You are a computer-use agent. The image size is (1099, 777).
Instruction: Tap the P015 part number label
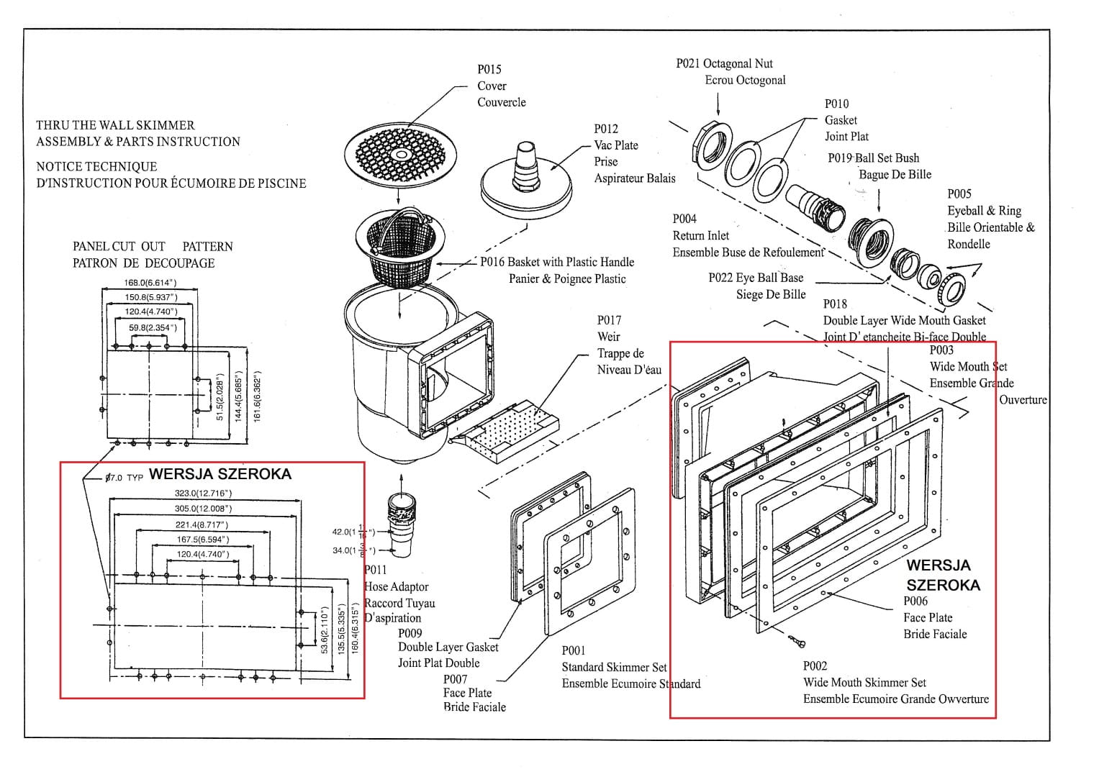tap(489, 69)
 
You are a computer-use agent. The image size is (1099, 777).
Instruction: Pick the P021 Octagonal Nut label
tap(724, 63)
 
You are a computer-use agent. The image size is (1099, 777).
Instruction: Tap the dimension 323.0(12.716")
tap(204, 494)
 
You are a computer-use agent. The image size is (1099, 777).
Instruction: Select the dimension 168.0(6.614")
tap(150, 283)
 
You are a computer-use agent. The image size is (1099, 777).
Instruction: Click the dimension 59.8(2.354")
tap(153, 327)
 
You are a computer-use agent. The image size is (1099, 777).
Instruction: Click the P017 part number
tap(609, 320)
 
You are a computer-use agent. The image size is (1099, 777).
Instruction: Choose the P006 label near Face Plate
tap(915, 601)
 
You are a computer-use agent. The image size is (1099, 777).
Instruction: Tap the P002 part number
tap(815, 666)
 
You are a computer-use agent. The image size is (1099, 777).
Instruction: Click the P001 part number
tap(574, 650)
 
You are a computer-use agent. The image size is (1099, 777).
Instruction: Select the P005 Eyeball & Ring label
tap(959, 194)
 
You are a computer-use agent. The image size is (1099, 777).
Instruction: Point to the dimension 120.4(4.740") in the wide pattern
tap(203, 554)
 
